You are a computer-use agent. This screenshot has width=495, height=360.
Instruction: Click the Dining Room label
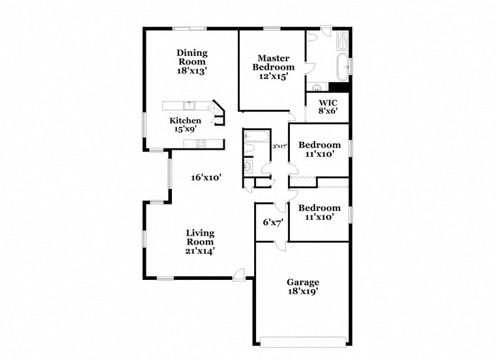tap(192, 57)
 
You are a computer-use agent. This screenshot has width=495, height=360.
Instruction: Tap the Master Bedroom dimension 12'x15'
tap(273, 76)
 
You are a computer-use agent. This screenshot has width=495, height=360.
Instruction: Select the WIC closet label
tap(328, 104)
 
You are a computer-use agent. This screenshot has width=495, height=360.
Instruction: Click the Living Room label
tap(200, 237)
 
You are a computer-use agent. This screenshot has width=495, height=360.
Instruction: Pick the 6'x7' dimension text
tap(272, 222)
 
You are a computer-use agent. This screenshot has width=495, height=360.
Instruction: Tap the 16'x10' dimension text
tap(206, 177)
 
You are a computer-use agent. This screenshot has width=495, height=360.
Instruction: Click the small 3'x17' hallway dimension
tap(279, 146)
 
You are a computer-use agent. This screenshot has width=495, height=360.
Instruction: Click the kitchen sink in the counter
tap(190, 105)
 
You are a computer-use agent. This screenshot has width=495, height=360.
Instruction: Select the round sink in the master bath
tap(317, 87)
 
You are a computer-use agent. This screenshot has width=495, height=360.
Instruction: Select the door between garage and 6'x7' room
tap(280, 244)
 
